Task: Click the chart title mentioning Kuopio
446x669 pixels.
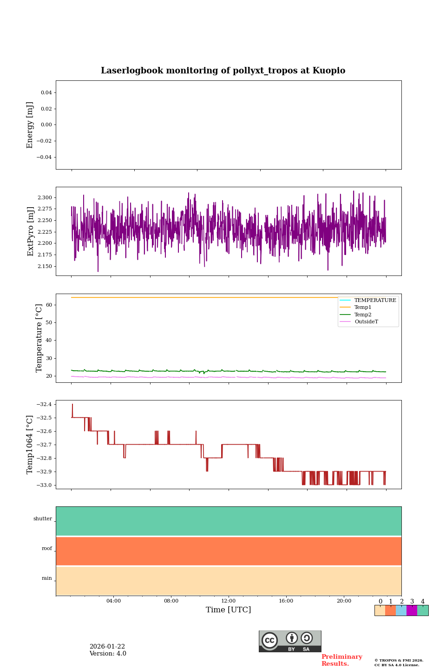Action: pos(223,71)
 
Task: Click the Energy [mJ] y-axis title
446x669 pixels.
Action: pos(30,125)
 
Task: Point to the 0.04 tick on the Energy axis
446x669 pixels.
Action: pos(46,93)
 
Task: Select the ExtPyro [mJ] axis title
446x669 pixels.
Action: pos(31,231)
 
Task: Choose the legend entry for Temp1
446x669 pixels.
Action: pos(363,308)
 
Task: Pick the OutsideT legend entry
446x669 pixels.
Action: pos(366,322)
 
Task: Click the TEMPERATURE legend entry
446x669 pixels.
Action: pos(375,301)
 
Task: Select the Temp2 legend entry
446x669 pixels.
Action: pos(363,315)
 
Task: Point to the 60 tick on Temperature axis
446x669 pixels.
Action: pos(49,305)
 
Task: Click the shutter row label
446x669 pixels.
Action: pos(43,519)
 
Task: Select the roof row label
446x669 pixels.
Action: pos(47,549)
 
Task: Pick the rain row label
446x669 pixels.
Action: pos(47,578)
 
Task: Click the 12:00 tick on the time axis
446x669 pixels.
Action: pos(229,601)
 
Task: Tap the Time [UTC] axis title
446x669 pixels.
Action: pos(229,610)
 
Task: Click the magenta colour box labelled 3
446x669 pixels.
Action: pos(412,610)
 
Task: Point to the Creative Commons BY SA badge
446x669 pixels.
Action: pos(290,641)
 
